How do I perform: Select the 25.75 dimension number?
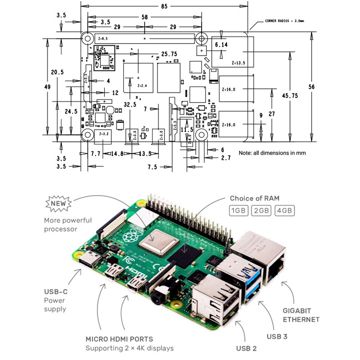coord(170,54)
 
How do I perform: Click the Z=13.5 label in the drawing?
coord(238,63)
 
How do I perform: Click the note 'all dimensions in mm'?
coord(272,153)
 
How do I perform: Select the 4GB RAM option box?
coord(284,210)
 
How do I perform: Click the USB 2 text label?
coord(247,348)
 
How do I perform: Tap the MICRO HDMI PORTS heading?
coord(120,339)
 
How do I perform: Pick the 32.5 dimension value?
coord(130,104)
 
